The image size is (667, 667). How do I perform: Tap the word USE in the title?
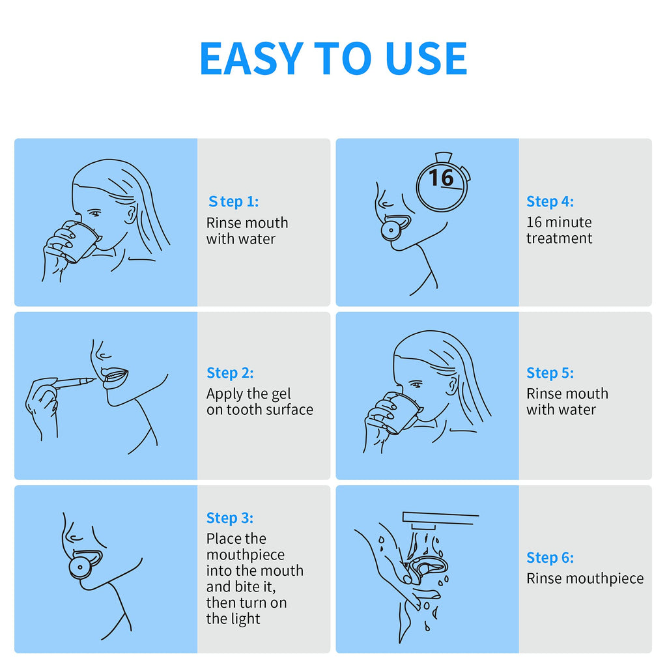[x=426, y=58]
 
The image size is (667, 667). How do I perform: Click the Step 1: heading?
[x=234, y=201]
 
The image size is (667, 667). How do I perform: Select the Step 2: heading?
[x=230, y=373]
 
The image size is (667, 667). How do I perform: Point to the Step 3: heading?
[x=230, y=518]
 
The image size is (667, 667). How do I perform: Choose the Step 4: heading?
[x=550, y=201]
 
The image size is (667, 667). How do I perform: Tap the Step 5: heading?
[x=550, y=373]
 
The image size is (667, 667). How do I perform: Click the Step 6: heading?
[x=550, y=558]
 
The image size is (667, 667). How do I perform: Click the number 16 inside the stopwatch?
[x=441, y=177]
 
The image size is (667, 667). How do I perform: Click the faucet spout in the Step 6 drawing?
[x=423, y=526]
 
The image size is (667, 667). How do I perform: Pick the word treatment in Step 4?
[x=559, y=238]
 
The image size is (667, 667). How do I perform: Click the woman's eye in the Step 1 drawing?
[x=94, y=213]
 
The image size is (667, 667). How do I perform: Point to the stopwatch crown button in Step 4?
[x=444, y=157]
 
